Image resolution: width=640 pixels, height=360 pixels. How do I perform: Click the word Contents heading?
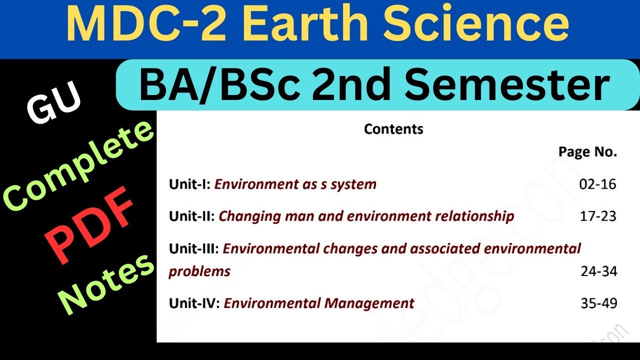[393, 129]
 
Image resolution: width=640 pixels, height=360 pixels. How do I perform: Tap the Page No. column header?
[587, 152]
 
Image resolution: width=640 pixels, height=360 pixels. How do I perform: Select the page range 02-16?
[597, 184]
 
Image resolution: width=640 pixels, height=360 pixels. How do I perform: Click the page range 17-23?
[597, 216]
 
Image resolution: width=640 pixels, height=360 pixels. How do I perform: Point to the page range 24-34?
[598, 271]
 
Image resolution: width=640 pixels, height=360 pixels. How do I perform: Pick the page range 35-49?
[598, 303]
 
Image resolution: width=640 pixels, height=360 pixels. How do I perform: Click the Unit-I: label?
[190, 184]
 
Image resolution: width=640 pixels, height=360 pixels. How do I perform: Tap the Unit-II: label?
[192, 216]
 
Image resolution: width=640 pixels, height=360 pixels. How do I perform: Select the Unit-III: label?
[194, 248]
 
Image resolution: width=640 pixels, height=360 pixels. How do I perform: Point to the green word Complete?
[80, 166]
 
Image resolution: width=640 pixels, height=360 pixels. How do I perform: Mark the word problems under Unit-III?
[199, 271]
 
